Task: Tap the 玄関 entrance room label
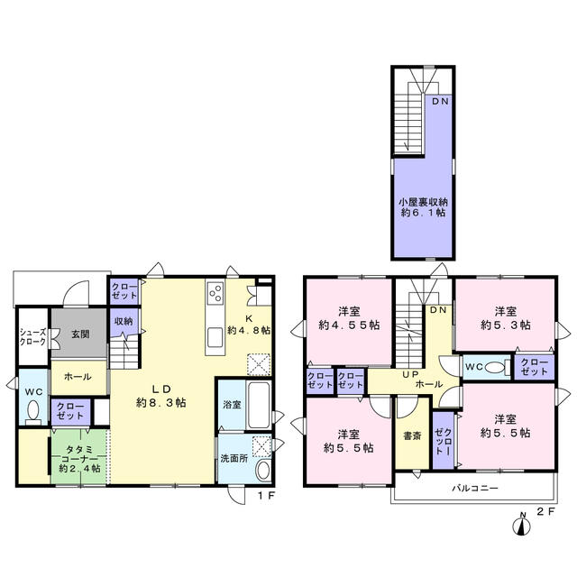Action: point(80,334)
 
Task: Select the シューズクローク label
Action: point(33,337)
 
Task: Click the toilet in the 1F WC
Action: point(33,411)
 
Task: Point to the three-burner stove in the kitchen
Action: point(215,293)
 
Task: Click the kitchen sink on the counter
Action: point(215,338)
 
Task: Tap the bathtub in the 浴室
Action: point(259,405)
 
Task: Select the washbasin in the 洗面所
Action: point(263,471)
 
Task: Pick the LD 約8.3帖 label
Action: point(161,396)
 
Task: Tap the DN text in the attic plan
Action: point(440,101)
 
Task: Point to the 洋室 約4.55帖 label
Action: point(349,318)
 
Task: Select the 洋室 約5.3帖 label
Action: point(506,318)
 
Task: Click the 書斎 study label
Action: point(412,436)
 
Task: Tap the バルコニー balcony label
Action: point(475,489)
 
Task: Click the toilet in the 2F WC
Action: point(496,367)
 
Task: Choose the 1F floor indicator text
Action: point(266,496)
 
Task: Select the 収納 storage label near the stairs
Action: point(124,321)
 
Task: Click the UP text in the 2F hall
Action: point(411,375)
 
